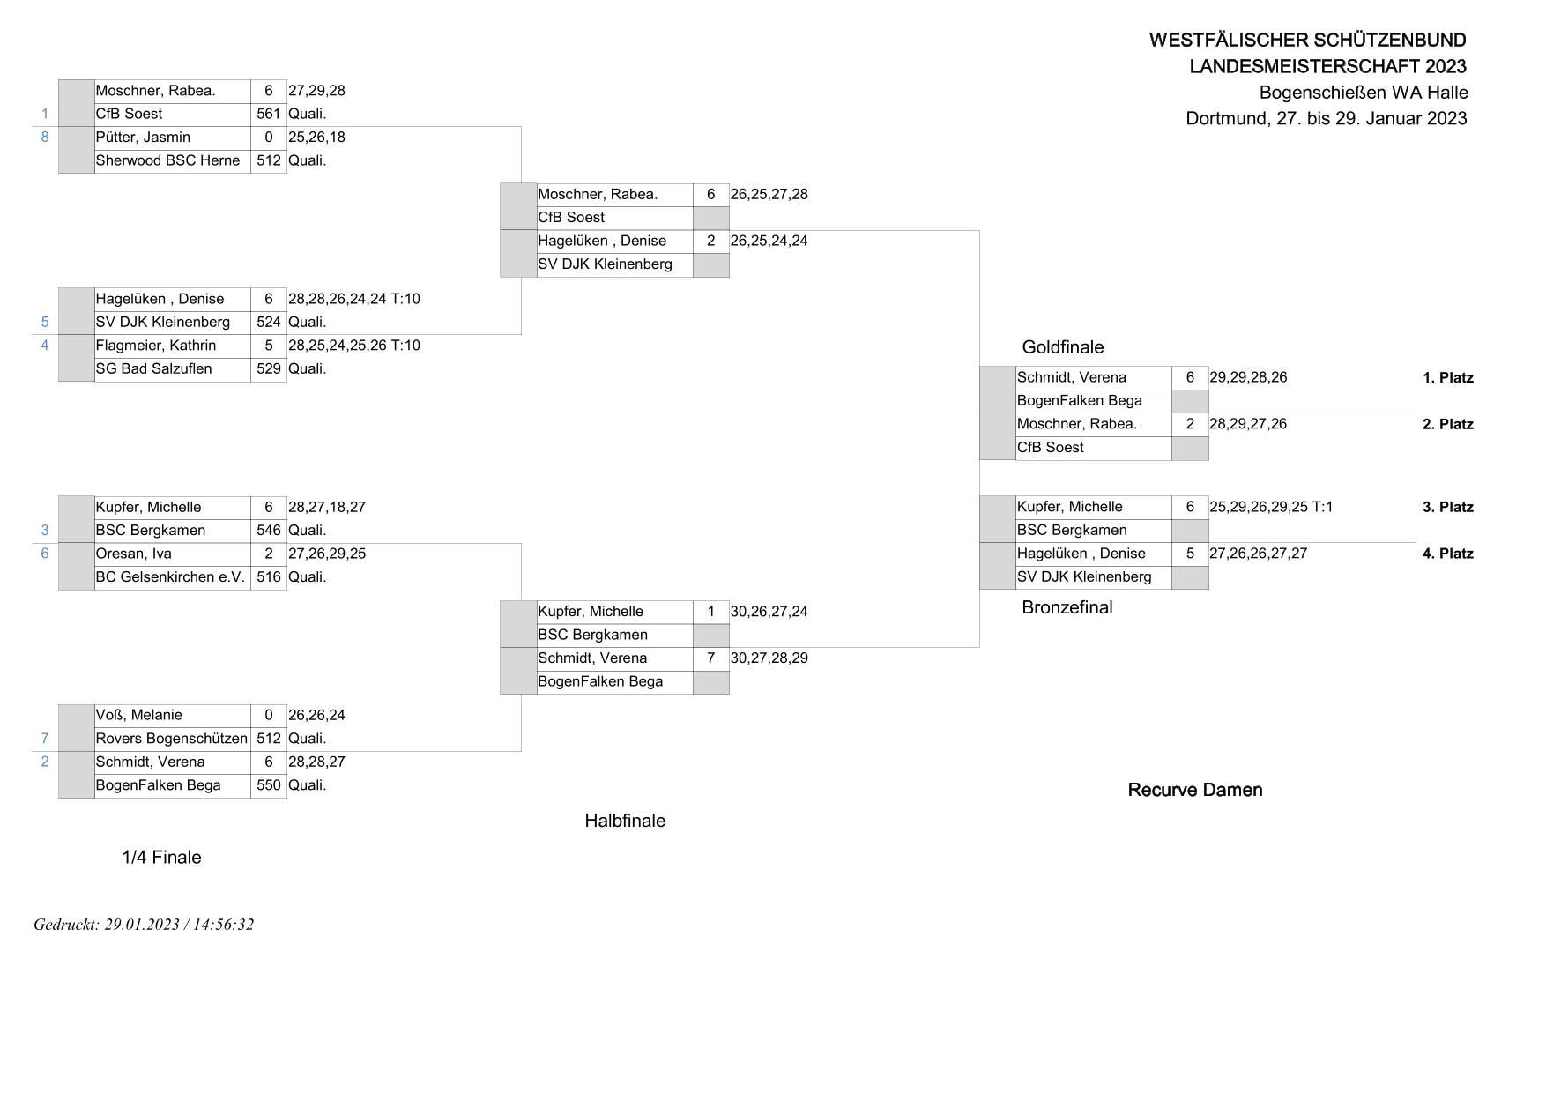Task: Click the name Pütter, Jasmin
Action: [143, 138]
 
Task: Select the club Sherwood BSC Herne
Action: [167, 160]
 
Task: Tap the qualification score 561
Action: [268, 114]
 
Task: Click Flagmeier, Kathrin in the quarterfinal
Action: [156, 346]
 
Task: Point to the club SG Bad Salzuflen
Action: [153, 368]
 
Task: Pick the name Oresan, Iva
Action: [133, 554]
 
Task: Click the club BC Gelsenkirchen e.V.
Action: [170, 577]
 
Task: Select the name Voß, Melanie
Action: [138, 715]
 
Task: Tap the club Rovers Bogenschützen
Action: [171, 739]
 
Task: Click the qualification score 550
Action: [268, 785]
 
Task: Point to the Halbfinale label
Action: [625, 821]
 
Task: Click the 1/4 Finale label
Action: [161, 858]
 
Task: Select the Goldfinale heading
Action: [1063, 347]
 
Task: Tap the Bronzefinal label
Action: [1067, 607]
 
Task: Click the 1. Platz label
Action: [1448, 378]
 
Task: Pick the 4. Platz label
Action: [1448, 554]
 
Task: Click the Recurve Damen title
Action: [1195, 790]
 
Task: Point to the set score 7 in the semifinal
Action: [710, 658]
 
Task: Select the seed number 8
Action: [45, 137]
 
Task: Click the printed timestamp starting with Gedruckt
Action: [144, 925]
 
